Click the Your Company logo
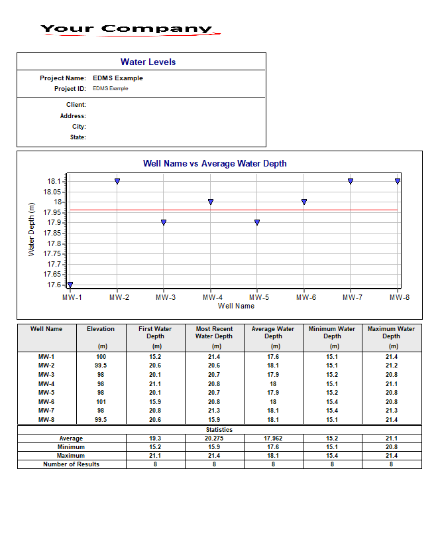click(129, 29)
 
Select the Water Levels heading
click(148, 62)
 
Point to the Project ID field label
click(70, 89)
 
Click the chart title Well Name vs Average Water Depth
click(215, 163)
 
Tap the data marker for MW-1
click(70, 285)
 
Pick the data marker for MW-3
click(164, 222)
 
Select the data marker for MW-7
click(351, 181)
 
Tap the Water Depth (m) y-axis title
click(32, 230)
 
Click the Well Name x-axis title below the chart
click(236, 306)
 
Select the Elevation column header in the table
click(101, 329)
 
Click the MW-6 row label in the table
click(46, 402)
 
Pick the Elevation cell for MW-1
click(101, 357)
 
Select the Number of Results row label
click(71, 464)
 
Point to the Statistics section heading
click(219, 430)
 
